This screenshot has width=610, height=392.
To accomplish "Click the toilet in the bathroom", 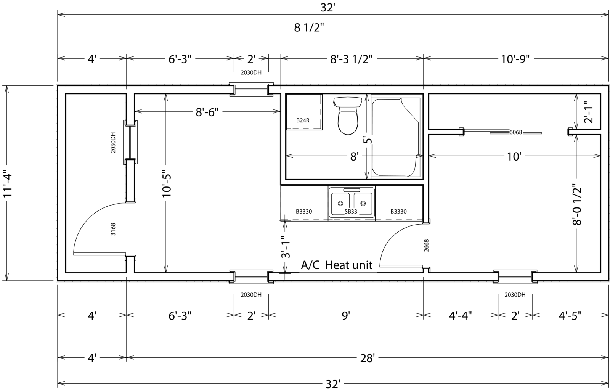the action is coord(347,116).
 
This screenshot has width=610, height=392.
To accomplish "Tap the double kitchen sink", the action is coord(352,203).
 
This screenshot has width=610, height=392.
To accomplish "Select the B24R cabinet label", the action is coord(303,120).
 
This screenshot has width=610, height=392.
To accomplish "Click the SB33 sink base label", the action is coord(351,212).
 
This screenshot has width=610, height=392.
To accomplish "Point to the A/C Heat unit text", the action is coord(337,265).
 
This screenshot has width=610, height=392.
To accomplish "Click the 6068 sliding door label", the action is coord(516,132).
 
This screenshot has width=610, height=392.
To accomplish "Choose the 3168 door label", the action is coord(113,229).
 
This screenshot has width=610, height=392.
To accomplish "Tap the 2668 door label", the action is coord(427,246).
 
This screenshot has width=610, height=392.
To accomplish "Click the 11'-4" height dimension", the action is coord(7,185).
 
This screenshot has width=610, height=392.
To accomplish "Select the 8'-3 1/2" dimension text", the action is coord(351,59).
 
